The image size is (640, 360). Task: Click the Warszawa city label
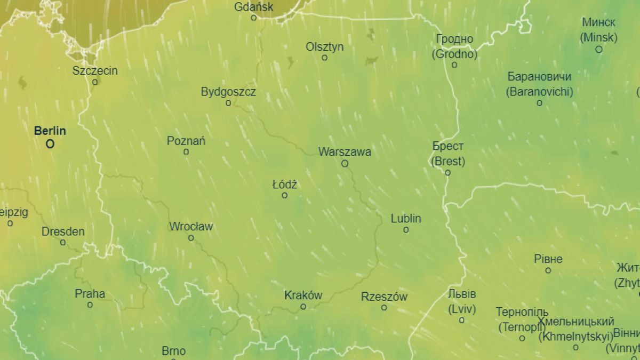pos(345,152)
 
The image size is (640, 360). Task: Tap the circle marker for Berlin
pos(50,144)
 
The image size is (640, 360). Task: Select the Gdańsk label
pos(254,7)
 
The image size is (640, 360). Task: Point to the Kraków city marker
pos(303,307)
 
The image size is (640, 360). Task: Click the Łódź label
pos(285,185)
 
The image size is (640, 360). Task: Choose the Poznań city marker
pos(186,152)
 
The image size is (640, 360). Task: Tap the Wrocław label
pos(191,226)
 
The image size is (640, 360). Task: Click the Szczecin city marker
pos(95,82)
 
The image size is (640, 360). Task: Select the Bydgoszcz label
pos(228,92)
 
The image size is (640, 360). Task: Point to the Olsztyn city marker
pos(324,58)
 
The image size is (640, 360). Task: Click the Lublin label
pos(406,218)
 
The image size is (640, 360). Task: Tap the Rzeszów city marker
pos(384,308)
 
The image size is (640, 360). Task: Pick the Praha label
pos(90,293)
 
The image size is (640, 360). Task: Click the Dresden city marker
pos(63,243)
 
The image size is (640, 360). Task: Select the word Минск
pos(598,22)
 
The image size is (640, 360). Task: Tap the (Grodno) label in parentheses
pos(454,54)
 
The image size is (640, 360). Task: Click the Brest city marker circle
pos(447,173)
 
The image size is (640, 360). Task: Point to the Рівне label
pos(548,259)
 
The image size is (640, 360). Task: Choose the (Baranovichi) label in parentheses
pos(539,92)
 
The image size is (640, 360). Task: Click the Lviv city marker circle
pos(461,321)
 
